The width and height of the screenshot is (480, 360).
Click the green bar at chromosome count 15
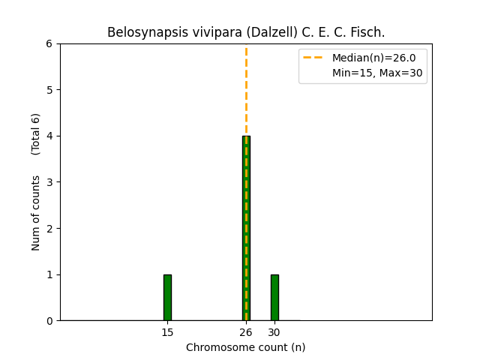167,298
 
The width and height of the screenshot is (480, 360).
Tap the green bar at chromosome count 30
274,298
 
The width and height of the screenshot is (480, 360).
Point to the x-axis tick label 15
167,332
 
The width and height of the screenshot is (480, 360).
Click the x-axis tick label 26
246,332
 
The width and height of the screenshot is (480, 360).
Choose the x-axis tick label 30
274,332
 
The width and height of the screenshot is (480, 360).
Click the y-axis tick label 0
50,321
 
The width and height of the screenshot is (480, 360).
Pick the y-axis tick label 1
50,274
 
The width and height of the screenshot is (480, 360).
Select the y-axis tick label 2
50,228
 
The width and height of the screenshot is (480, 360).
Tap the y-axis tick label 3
50,182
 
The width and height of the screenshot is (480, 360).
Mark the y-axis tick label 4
50,136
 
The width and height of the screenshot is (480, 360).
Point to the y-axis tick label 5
50,90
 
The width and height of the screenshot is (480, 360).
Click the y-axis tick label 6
50,43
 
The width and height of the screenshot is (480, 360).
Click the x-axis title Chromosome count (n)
246,347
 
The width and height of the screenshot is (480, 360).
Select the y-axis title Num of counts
36,213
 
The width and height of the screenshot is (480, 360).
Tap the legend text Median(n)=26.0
373,58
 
